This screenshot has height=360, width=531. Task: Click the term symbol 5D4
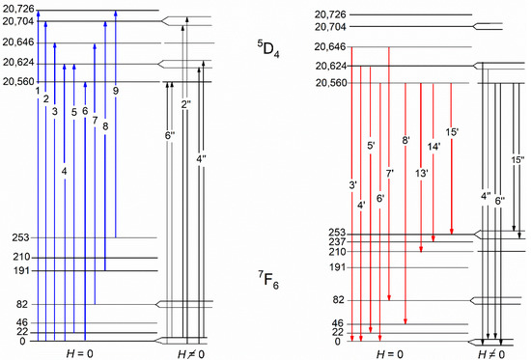pyautogui.click(x=268, y=49)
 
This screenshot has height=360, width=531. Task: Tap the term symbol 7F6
pyautogui.click(x=268, y=281)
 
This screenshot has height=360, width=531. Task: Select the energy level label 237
pyautogui.click(x=338, y=242)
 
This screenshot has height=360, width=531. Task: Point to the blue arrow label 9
pyautogui.click(x=116, y=91)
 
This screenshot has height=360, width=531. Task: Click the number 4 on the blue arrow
pyautogui.click(x=65, y=172)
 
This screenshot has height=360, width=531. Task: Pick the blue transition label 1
pyautogui.click(x=38, y=91)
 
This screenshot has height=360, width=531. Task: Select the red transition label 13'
pyautogui.click(x=422, y=174)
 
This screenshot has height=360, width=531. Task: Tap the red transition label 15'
pyautogui.click(x=452, y=132)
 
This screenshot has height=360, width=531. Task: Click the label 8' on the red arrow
pyautogui.click(x=406, y=140)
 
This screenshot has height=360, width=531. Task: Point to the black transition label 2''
pyautogui.click(x=186, y=104)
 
